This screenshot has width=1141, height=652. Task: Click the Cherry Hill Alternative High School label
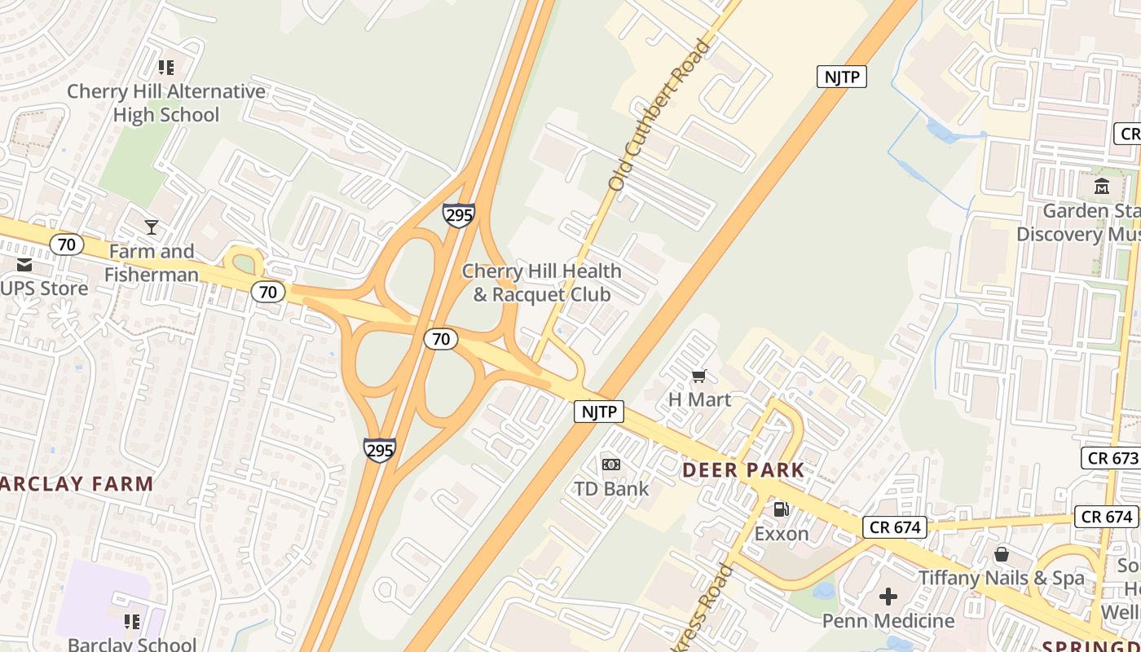166,103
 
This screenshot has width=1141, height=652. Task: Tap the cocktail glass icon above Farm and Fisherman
152,227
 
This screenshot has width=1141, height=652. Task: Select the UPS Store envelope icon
24,265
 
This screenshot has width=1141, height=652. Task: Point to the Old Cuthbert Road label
660,115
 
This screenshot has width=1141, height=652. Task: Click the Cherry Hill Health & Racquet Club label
541,282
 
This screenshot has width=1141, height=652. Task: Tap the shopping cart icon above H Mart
698,376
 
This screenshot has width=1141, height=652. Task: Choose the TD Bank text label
611,489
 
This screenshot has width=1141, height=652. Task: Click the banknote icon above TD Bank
610,465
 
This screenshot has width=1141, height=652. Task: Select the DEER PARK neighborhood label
743,470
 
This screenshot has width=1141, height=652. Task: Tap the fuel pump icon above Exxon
781,509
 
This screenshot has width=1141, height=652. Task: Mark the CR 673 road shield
1112,457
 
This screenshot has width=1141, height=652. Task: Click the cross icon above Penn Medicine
888,597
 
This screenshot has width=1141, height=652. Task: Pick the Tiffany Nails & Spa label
1002,578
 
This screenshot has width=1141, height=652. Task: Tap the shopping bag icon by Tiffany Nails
1002,555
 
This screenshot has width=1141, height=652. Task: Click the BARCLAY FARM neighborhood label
76,484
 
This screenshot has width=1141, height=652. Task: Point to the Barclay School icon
132,622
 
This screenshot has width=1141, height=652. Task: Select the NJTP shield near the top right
841,77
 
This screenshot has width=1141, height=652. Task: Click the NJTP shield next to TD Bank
599,412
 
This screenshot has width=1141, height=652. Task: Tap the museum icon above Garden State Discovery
1102,187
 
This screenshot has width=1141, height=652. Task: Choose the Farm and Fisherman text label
152,262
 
